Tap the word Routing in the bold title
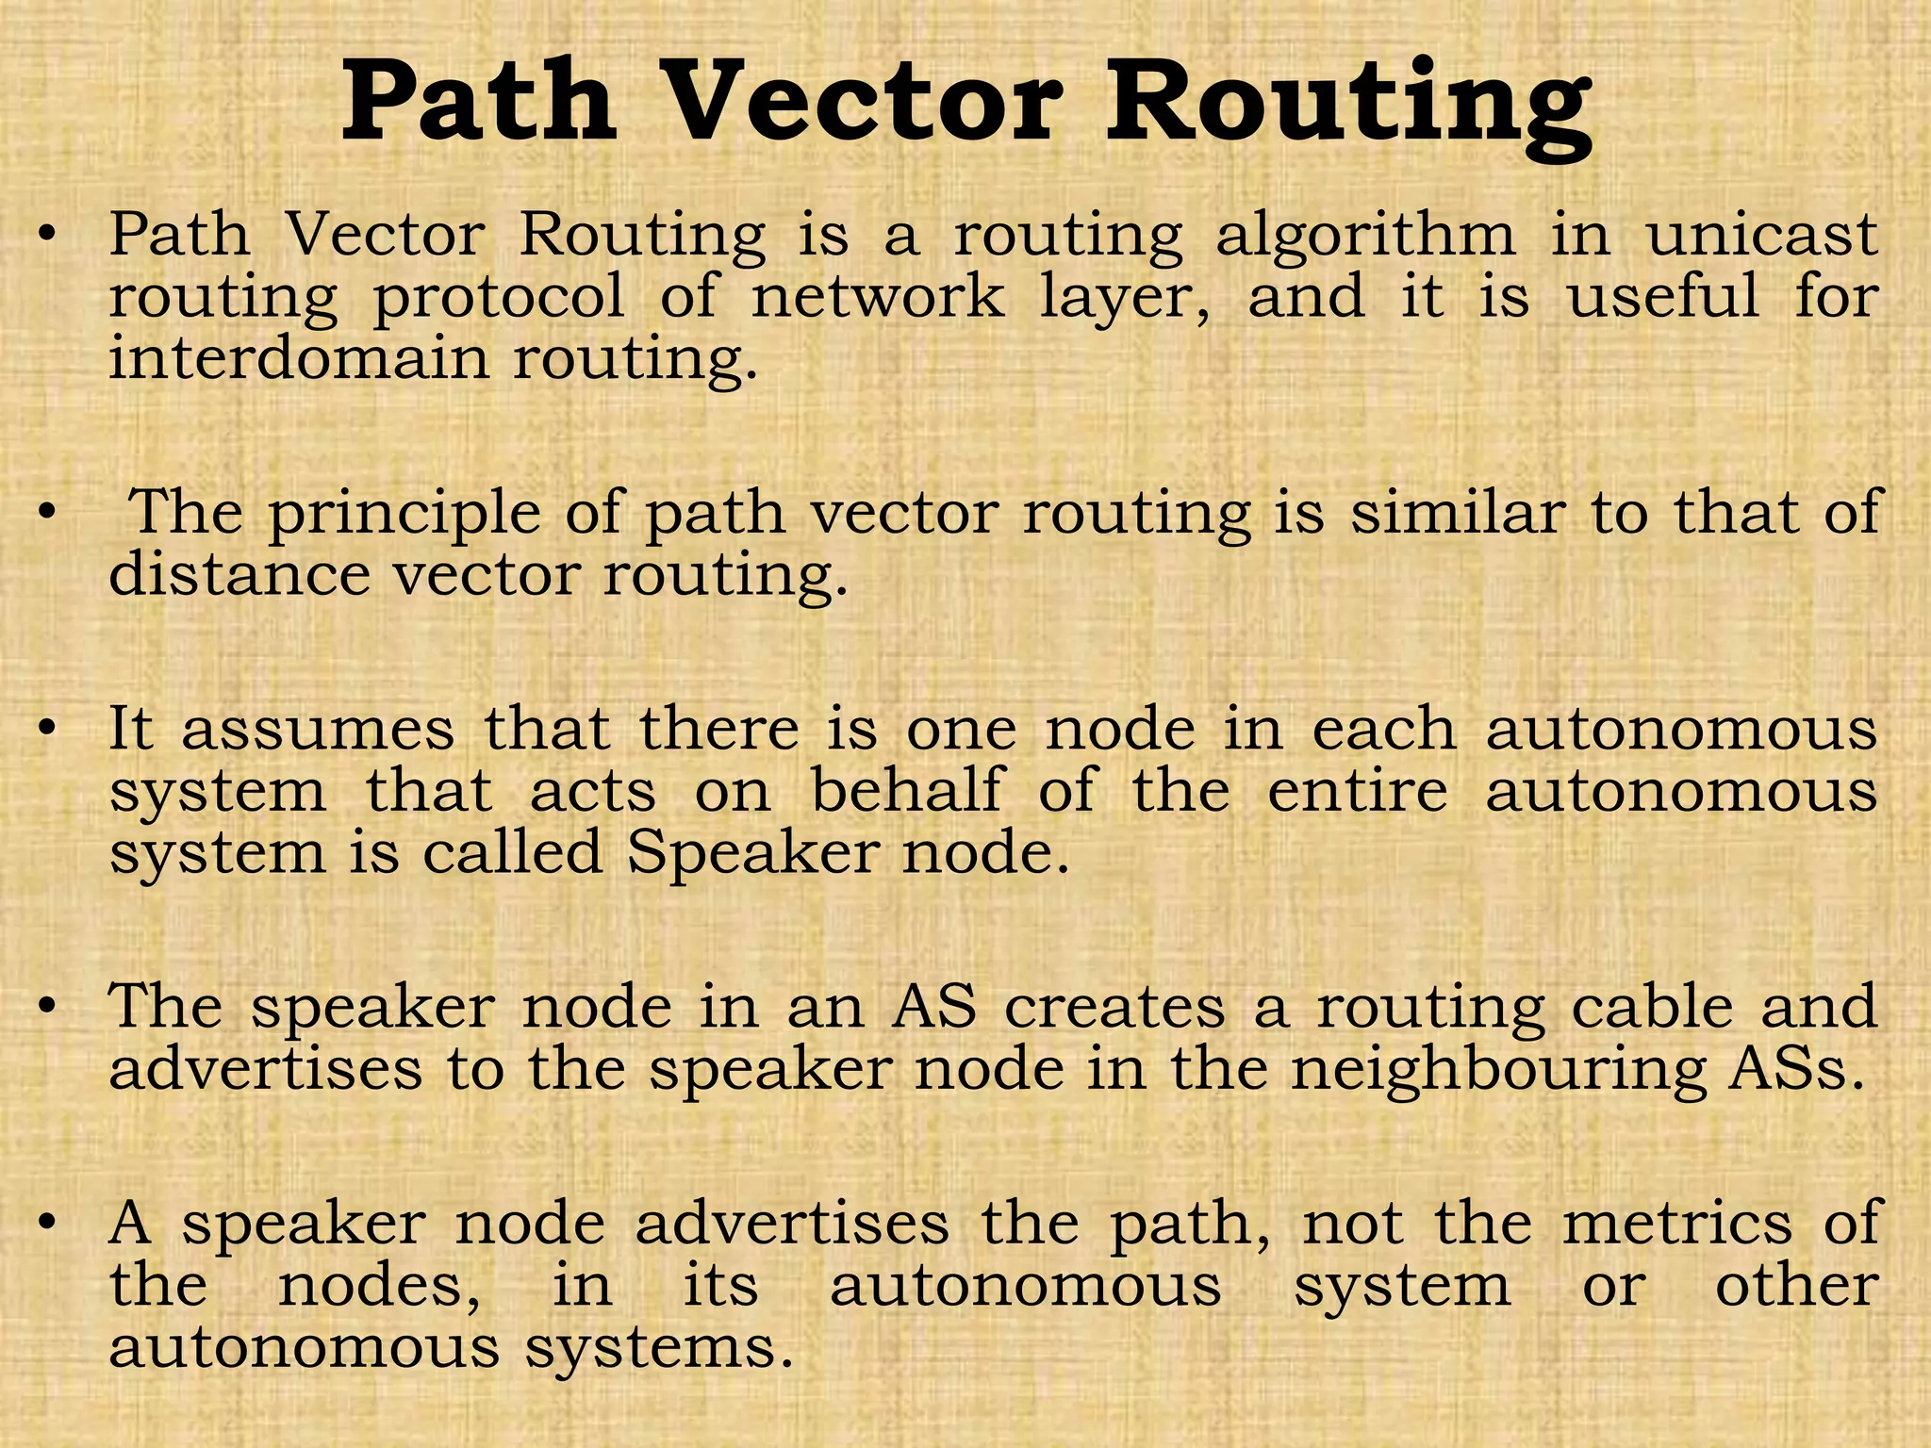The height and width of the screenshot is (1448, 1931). [x=1349, y=106]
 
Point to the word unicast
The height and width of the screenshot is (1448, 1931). [x=1762, y=235]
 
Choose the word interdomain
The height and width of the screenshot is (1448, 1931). [x=299, y=359]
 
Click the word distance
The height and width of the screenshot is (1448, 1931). [x=239, y=575]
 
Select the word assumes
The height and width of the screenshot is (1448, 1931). [x=318, y=731]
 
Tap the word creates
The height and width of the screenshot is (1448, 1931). [x=1114, y=1007]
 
